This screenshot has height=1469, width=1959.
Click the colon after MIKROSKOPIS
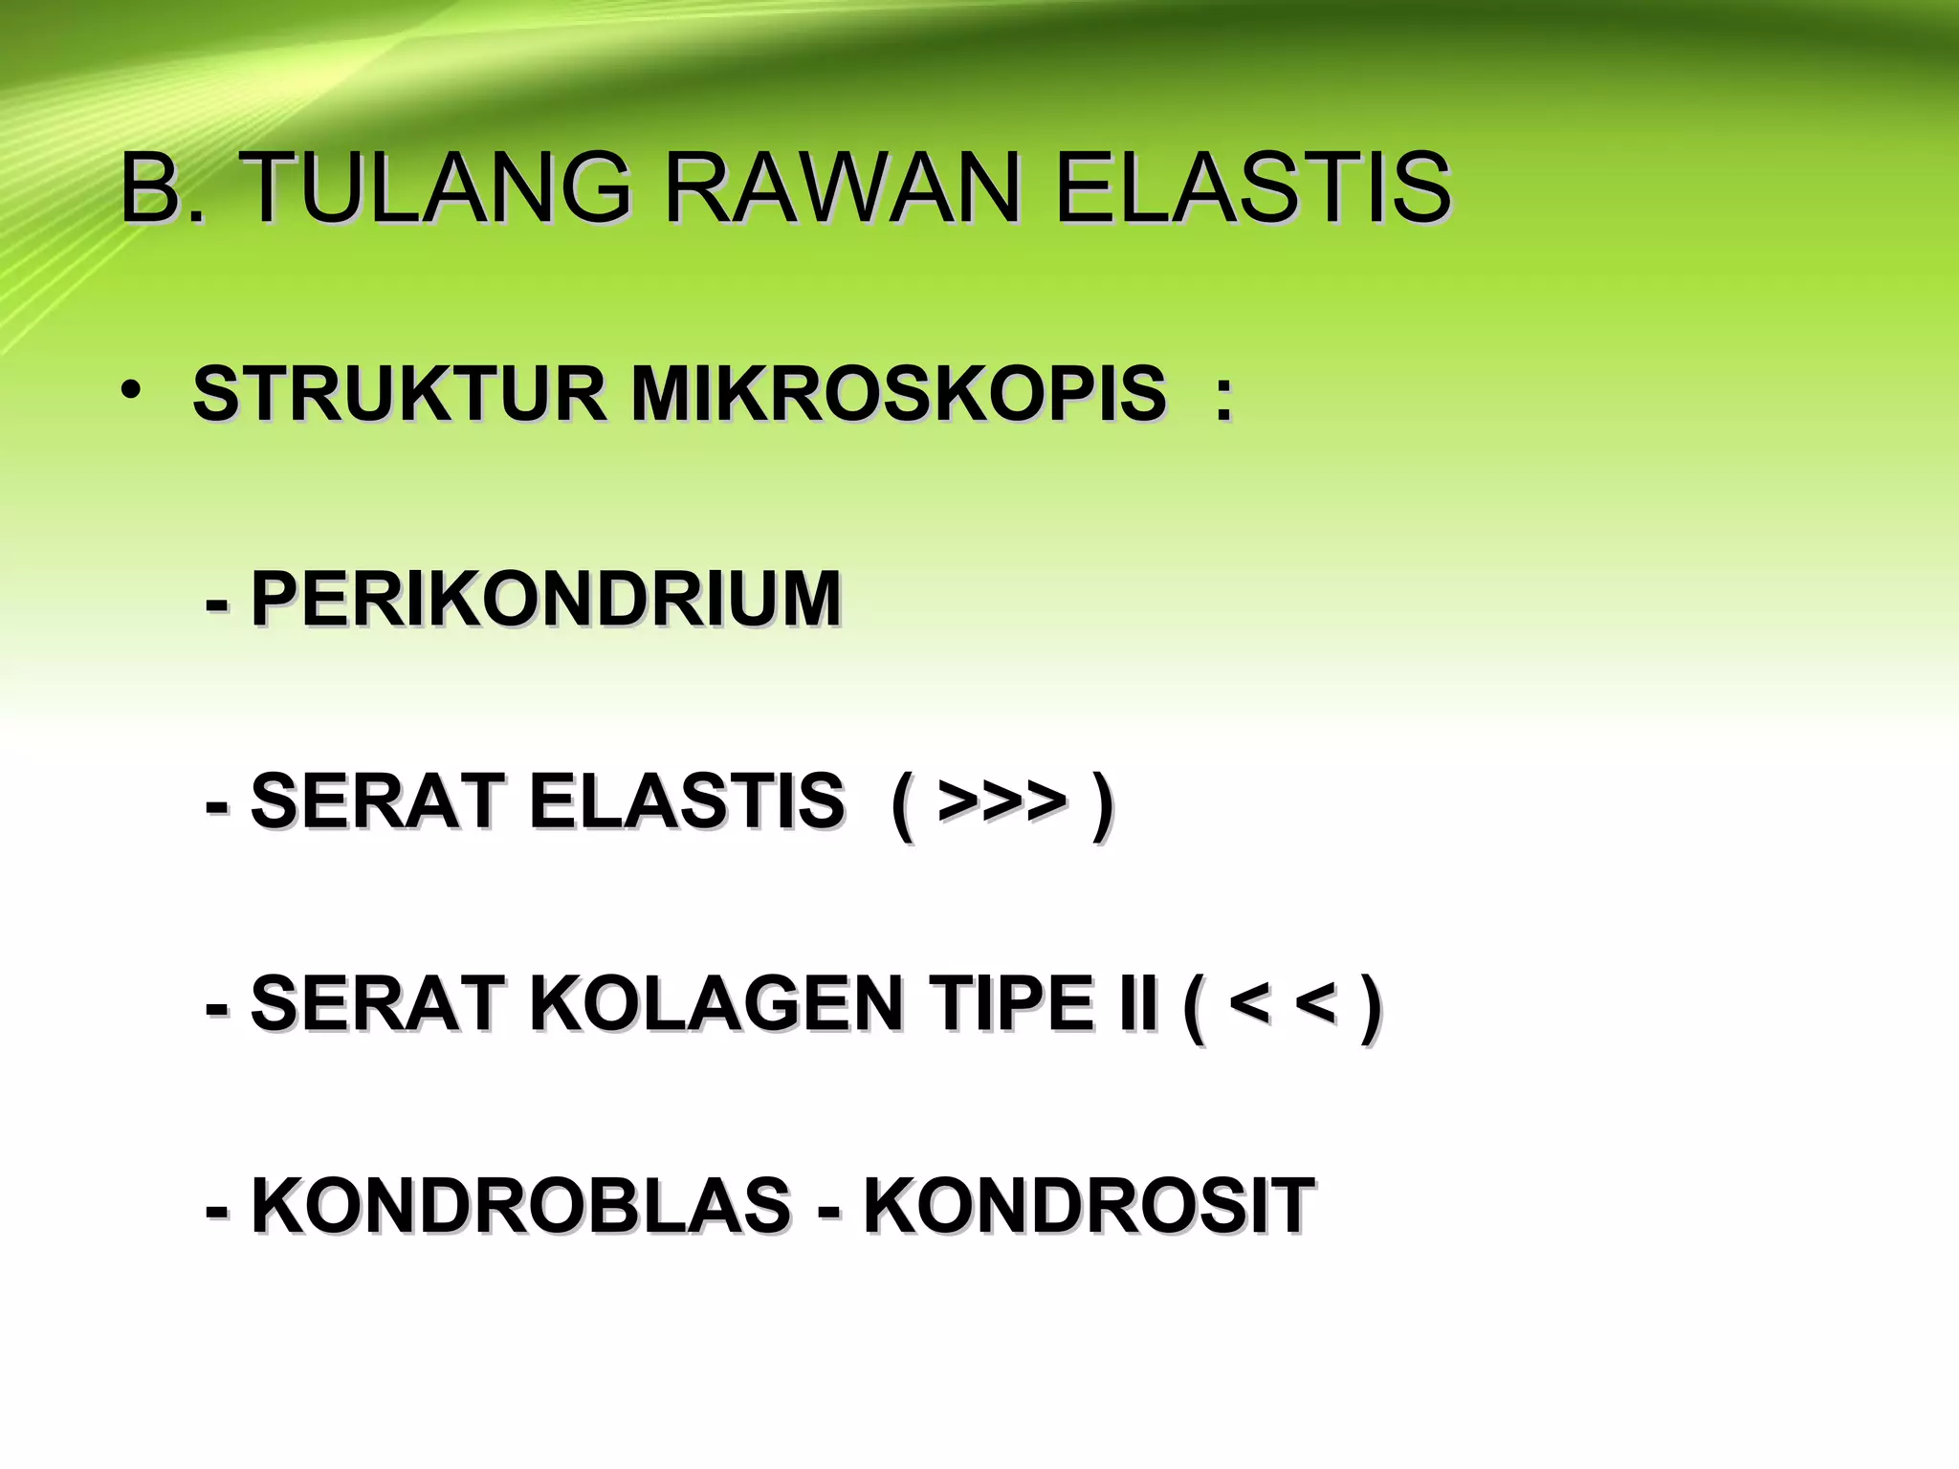click(x=1222, y=395)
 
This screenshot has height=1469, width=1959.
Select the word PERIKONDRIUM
click(x=545, y=599)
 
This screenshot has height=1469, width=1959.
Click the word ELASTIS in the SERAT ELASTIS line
click(x=686, y=800)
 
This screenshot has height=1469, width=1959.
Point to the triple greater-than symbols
click(x=1002, y=800)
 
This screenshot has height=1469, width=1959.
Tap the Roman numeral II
click(x=1139, y=1003)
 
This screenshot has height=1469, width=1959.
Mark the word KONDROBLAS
click(x=520, y=1206)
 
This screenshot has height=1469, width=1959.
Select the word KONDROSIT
click(x=1089, y=1206)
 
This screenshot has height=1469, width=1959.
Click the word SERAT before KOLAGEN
click(x=377, y=1003)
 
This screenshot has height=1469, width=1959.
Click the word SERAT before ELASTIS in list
click(x=377, y=800)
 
